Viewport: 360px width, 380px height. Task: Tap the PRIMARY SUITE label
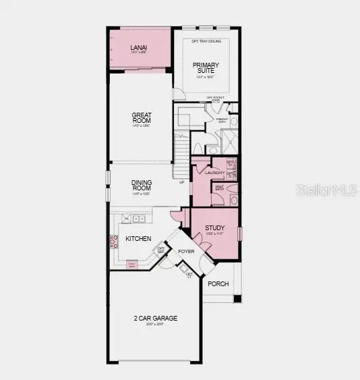[206, 69]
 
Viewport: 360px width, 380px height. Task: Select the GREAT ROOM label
[141, 119]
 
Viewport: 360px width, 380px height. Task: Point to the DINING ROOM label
[141, 184]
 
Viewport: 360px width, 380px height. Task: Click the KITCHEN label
[138, 238]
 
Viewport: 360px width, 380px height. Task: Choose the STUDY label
[215, 228]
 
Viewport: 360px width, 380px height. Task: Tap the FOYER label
[186, 251]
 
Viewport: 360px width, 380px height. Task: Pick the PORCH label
[218, 283]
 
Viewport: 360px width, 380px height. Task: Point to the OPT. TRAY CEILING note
[206, 41]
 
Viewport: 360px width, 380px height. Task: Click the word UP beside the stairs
[181, 182]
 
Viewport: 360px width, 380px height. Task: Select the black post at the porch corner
[237, 298]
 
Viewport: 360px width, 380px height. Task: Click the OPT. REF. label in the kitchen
[161, 250]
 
